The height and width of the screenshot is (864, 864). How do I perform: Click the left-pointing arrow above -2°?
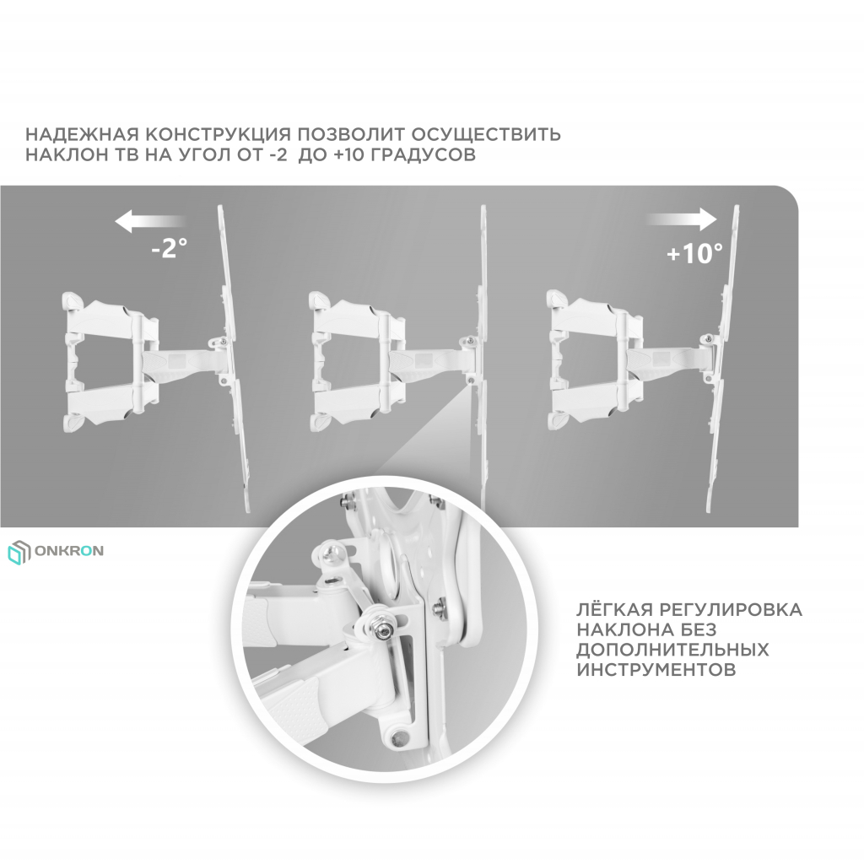(x=150, y=222)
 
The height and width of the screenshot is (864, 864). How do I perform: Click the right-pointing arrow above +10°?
(x=682, y=219)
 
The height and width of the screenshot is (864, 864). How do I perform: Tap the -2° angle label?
(x=169, y=248)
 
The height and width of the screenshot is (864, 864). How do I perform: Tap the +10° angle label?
(x=694, y=253)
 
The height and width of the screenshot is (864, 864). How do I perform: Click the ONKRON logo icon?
(x=19, y=552)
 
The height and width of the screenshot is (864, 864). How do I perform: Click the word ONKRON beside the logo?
(x=69, y=551)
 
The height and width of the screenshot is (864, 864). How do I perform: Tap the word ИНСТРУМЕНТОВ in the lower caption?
(x=656, y=669)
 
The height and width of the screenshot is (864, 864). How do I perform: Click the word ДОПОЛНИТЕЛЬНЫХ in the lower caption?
(x=672, y=650)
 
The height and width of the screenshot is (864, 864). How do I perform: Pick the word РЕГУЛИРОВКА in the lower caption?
(x=730, y=610)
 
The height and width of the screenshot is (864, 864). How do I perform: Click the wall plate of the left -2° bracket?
(x=71, y=361)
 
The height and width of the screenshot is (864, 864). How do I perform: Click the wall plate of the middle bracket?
(x=318, y=361)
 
